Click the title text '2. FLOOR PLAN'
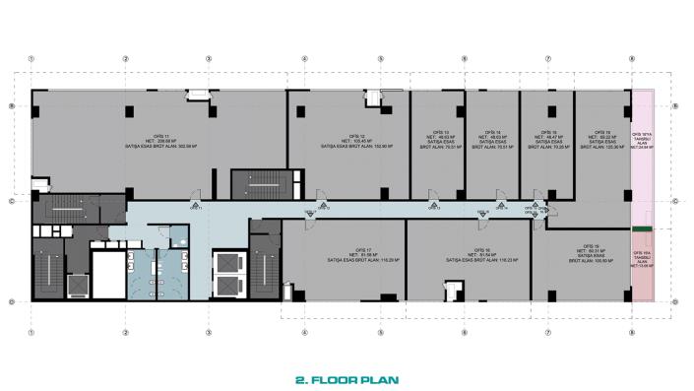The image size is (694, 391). (x=347, y=377)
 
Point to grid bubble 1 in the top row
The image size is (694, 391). (x=32, y=58)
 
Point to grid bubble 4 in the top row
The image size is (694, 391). (x=305, y=58)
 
